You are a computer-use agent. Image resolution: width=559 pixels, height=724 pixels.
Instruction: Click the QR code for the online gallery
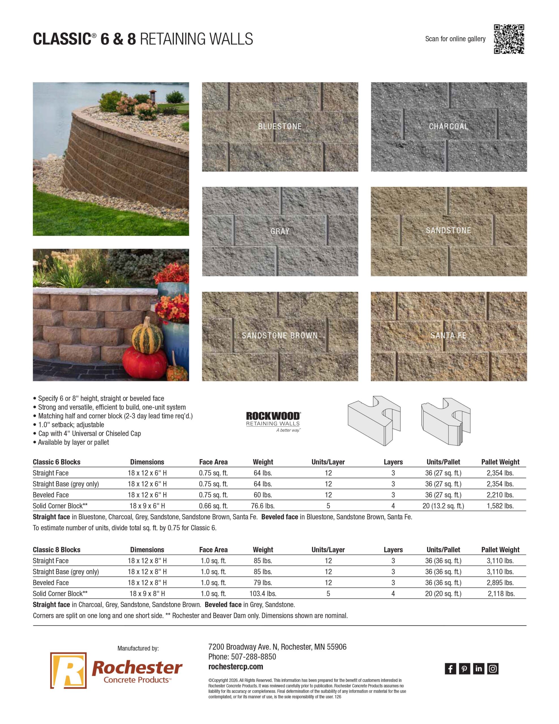509,39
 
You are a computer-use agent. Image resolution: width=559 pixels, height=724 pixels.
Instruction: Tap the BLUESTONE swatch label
280,126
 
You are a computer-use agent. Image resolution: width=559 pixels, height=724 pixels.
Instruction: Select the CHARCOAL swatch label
449,126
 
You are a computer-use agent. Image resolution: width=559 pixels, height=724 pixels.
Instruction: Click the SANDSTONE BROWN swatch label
280,335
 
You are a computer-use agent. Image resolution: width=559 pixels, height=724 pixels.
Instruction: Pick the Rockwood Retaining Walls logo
273,422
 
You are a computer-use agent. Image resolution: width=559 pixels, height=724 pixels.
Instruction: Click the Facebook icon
450,669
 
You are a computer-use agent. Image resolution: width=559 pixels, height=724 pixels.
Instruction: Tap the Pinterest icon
464,669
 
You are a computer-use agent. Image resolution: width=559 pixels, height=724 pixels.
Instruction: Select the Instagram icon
493,669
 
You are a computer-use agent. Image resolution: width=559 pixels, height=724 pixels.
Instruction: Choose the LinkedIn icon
478,669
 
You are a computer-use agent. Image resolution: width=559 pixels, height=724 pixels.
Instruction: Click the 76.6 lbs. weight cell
263,506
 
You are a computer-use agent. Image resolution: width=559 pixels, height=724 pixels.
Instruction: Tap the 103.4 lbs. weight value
263,593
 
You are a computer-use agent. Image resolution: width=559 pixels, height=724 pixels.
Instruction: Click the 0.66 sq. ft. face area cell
213,506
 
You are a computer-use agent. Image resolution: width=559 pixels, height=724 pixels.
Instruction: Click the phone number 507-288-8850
253,656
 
